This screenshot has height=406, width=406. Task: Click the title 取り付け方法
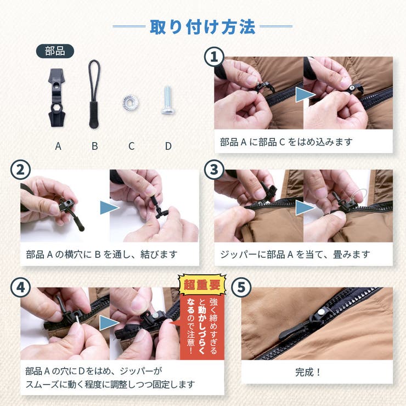202,27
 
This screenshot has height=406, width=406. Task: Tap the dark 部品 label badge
55,52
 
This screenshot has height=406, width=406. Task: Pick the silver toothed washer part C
131,102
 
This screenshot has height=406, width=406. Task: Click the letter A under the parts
58,146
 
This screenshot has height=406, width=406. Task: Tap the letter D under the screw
168,146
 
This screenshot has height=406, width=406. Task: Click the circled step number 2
20,170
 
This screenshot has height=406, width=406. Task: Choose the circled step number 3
215,170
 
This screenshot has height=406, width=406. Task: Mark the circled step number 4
20,286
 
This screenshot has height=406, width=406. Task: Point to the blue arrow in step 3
303,207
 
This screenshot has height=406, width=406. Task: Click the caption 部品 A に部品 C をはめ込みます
286,142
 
